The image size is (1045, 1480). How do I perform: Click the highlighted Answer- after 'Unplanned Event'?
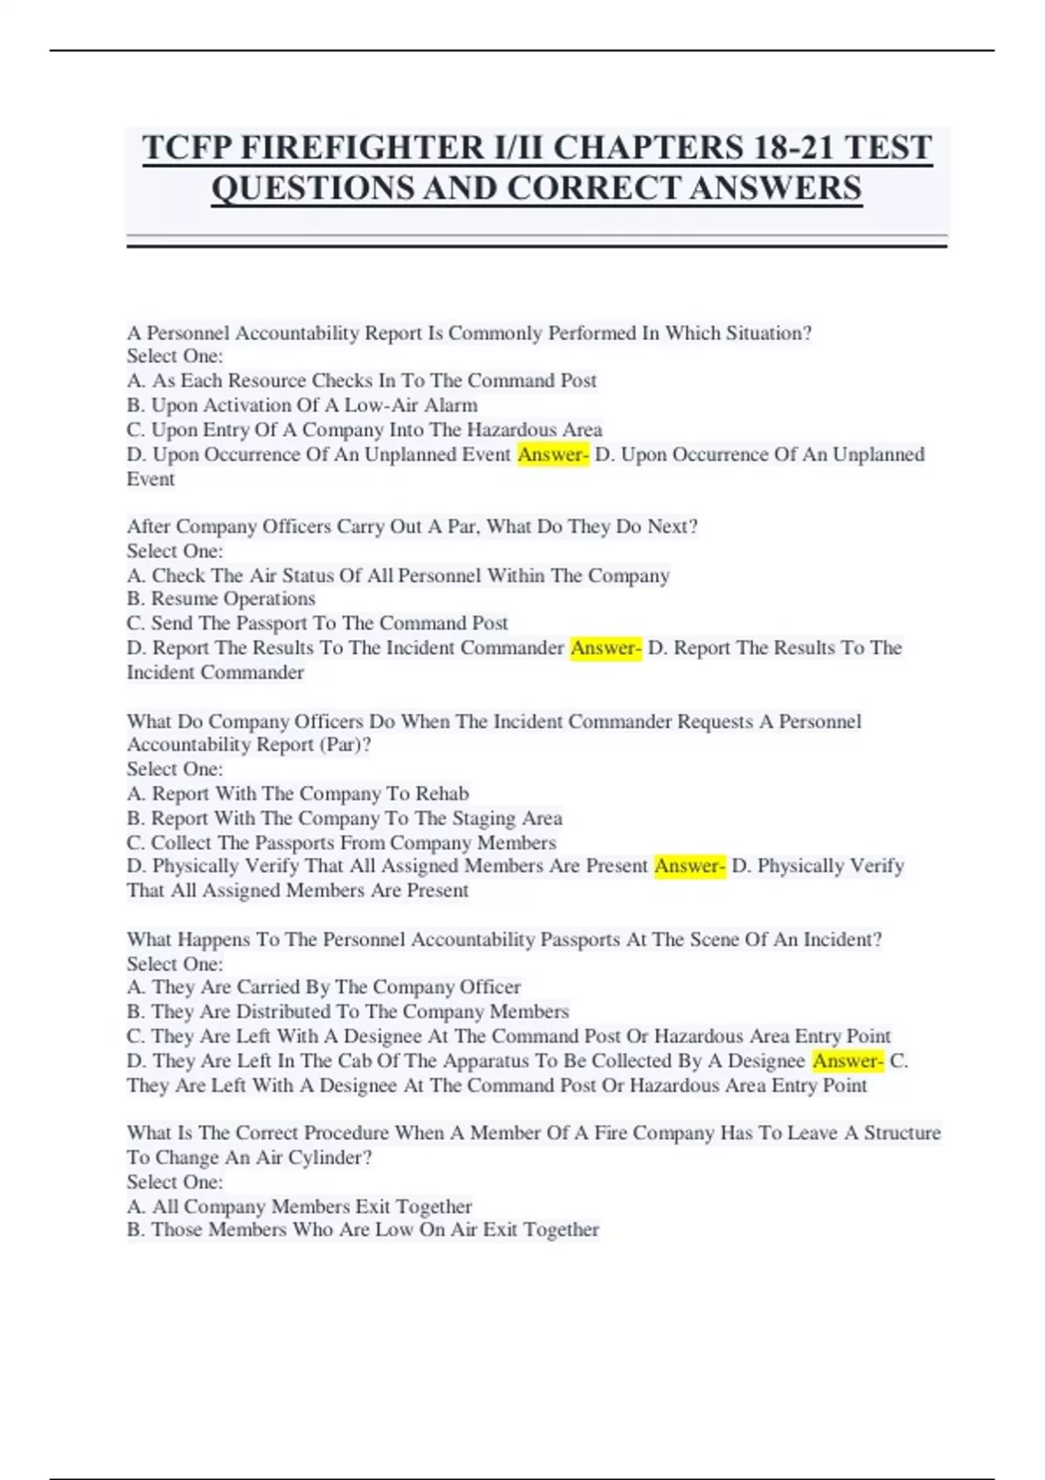[x=553, y=454]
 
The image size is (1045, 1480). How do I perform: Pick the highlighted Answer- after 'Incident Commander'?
[x=606, y=648]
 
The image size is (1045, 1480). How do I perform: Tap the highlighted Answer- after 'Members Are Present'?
[x=690, y=866]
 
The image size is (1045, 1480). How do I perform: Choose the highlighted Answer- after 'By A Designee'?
[x=847, y=1060]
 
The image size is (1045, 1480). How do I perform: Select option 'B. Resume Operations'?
[x=221, y=599]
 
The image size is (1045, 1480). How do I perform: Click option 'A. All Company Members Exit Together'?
[x=300, y=1207]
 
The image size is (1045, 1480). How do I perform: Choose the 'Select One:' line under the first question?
[x=175, y=356]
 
